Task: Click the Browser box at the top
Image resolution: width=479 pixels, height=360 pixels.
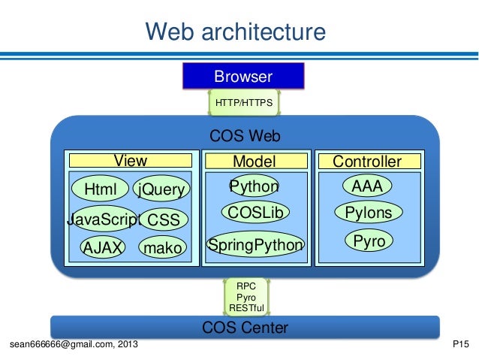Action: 243,76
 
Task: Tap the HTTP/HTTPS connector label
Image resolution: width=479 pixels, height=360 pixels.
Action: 243,102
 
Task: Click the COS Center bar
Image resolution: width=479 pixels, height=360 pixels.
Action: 245,328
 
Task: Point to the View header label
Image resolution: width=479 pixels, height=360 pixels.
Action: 130,161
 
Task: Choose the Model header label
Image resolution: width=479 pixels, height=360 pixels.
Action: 255,161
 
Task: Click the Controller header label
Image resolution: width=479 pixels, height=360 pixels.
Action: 366,161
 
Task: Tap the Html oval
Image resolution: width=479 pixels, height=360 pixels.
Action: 99,189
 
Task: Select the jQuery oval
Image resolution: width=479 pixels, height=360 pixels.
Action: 161,189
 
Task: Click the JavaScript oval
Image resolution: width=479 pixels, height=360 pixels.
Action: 104,219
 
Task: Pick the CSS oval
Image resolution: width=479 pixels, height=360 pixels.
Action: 163,220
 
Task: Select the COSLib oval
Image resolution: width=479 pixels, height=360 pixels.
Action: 255,213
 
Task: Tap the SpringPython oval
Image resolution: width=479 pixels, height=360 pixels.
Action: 255,244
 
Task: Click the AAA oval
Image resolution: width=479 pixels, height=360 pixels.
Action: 367,186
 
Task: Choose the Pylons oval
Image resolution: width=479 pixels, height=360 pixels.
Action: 368,213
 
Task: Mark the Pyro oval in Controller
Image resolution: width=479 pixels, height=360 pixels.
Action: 368,241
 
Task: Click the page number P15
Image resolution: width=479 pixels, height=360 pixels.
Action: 461,345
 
